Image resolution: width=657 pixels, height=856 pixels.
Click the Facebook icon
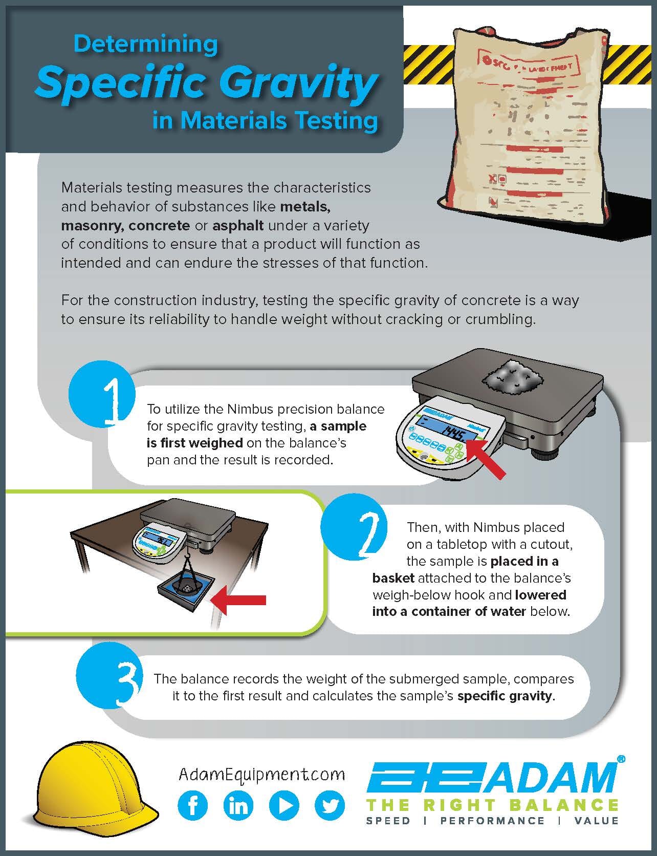(x=193, y=806)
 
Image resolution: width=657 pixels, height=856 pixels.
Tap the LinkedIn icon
(x=238, y=806)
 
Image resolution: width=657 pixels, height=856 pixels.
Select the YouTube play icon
(x=284, y=806)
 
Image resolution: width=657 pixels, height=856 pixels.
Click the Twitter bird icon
(x=330, y=806)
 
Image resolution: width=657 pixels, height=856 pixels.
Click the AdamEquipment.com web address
(x=261, y=774)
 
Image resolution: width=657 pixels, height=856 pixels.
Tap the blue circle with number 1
(x=102, y=395)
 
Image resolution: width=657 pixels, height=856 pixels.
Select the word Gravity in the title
(x=302, y=82)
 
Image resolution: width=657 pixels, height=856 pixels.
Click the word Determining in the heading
(x=146, y=45)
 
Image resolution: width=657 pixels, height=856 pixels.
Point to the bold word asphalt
(x=238, y=225)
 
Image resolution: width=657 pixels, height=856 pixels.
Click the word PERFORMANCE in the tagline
(x=492, y=821)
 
